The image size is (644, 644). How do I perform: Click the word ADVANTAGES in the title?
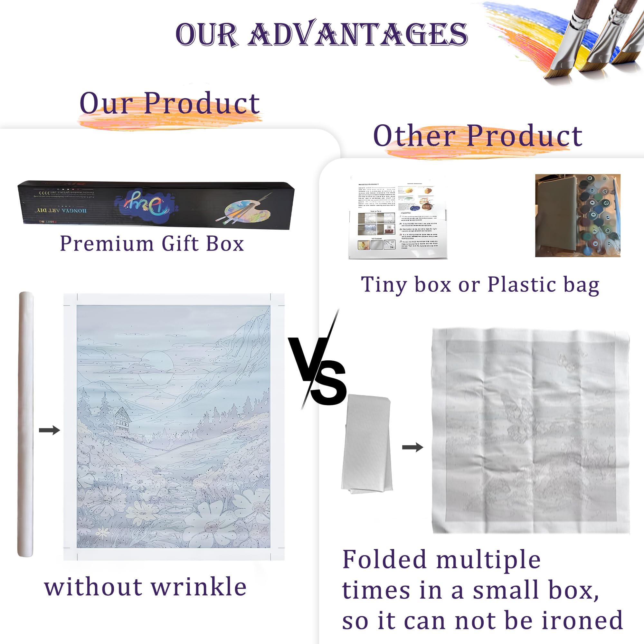pos(358,34)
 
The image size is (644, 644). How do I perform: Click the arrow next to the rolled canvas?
pos(49,430)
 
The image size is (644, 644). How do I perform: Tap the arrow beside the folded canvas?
pos(412,447)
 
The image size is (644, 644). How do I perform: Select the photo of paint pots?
pos(577,216)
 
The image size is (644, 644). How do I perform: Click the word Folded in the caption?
pos(385,559)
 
